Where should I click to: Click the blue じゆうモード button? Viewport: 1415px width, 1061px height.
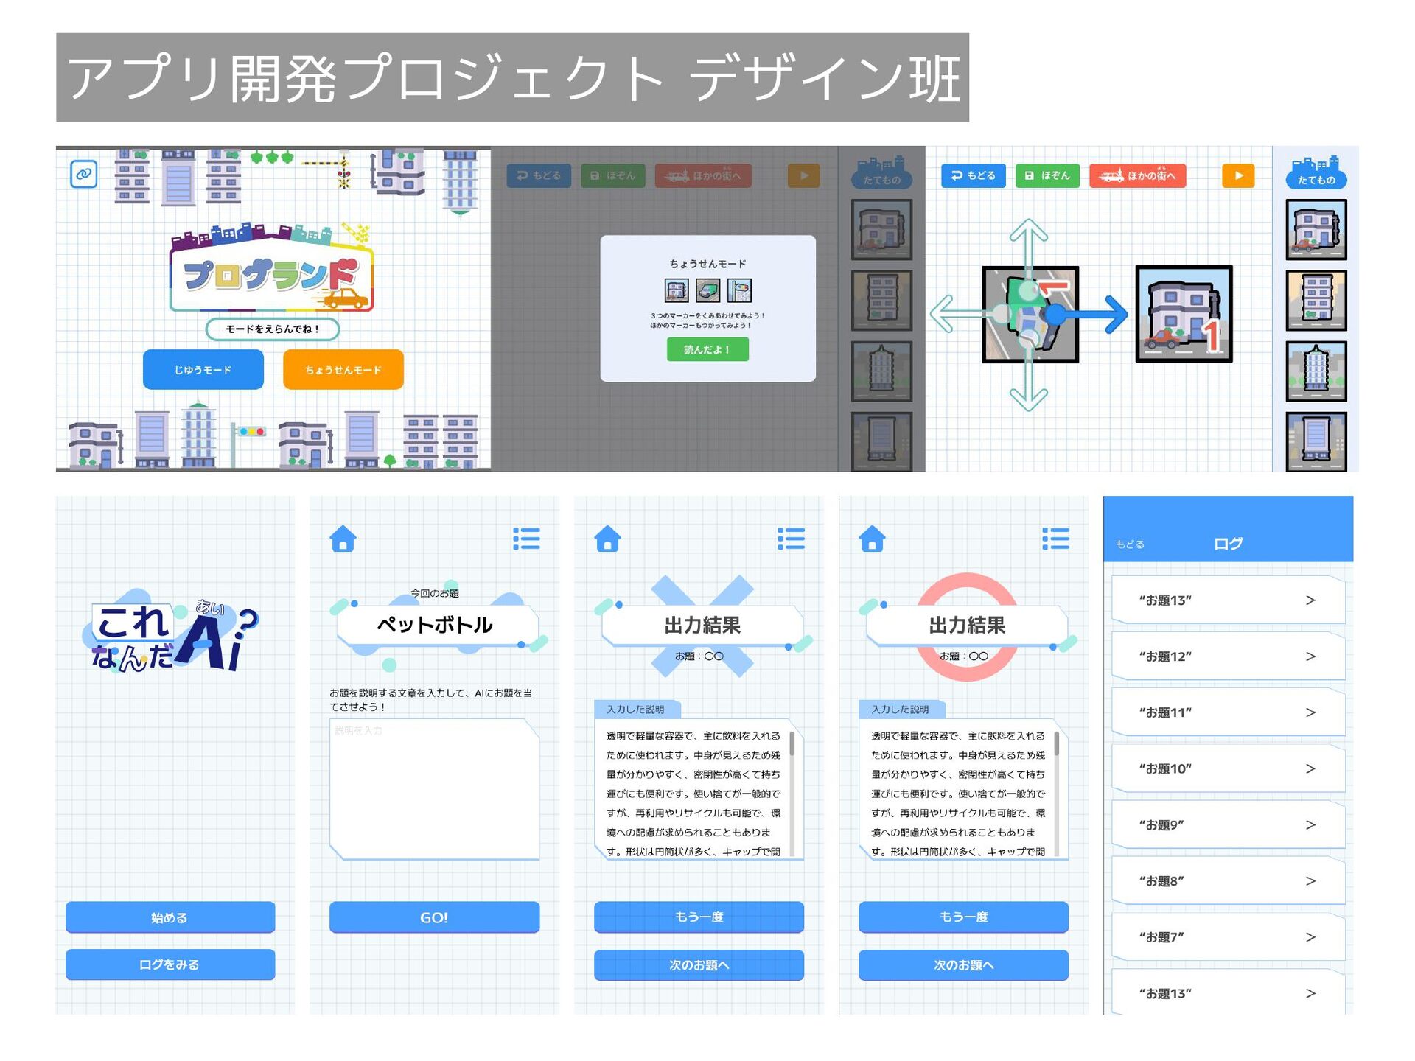point(203,369)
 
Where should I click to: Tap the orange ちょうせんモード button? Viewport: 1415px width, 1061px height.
point(343,369)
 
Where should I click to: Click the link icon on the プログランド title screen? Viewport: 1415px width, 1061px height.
point(84,174)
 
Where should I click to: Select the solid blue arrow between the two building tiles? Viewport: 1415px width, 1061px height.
point(1091,315)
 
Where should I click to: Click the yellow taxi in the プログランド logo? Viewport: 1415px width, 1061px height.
point(345,298)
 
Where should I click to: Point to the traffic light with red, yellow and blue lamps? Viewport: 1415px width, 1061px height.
point(251,432)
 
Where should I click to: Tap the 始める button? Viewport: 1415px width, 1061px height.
point(170,917)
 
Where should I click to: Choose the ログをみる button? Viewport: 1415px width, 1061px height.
point(170,964)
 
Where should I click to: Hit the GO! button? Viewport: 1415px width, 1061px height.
point(434,917)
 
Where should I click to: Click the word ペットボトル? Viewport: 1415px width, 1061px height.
point(434,625)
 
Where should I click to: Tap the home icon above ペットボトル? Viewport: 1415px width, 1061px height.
point(343,539)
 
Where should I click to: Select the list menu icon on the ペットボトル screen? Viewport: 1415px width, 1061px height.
point(526,539)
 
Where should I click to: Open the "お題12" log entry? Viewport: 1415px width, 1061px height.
point(1227,656)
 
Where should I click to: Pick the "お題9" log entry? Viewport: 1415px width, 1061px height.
point(1227,824)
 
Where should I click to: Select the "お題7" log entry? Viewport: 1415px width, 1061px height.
point(1227,937)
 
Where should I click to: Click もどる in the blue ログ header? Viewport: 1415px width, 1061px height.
point(1130,544)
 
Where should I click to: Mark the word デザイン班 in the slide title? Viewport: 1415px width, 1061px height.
point(825,78)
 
